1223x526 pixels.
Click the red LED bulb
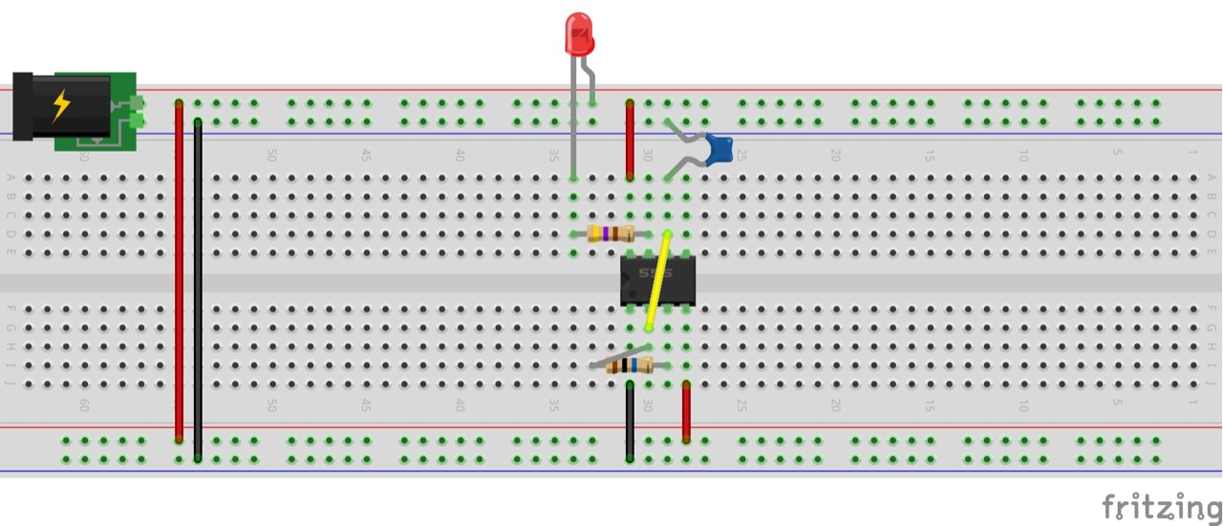[579, 33]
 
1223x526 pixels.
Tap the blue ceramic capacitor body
[719, 149]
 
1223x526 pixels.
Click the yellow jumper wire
[658, 282]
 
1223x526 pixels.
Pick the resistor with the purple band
[611, 234]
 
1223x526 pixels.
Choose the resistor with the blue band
[630, 365]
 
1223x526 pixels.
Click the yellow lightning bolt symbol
[61, 105]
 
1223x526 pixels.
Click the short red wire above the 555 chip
[630, 139]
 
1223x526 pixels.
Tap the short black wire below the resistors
[630, 421]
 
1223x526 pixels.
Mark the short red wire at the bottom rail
[686, 411]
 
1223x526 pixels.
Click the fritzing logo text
[1160, 508]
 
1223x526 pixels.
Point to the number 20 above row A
[835, 155]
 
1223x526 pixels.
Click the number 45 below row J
[366, 405]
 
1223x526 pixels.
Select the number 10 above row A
[1022, 155]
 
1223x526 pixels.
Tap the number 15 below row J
[929, 405]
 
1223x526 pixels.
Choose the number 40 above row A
[460, 155]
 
